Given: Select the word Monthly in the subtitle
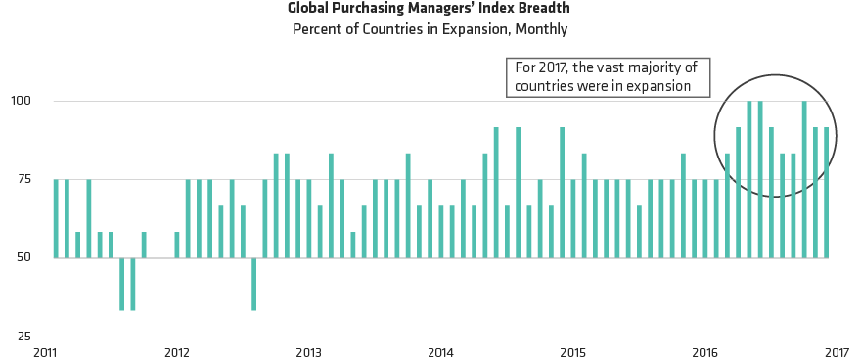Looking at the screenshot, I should (539, 29).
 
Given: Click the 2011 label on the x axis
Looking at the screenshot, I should (45, 351).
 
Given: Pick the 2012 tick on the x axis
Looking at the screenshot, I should (176, 351).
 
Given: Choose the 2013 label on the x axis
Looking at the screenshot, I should (308, 351).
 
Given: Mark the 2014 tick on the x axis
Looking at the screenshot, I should (440, 351).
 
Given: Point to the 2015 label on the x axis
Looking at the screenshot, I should (572, 351).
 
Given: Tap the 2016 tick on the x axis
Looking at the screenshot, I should (704, 351).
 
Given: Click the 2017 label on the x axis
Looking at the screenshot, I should (837, 351).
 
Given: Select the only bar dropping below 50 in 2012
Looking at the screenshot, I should (253, 284).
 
